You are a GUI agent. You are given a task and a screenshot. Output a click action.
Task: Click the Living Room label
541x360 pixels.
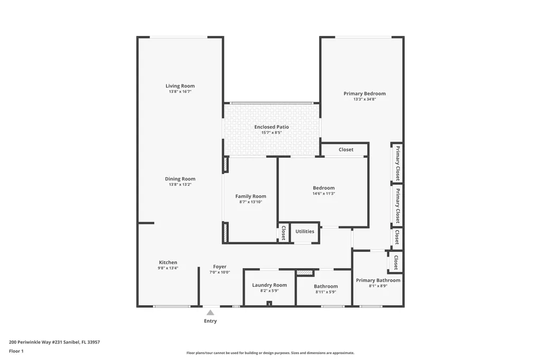(180, 86)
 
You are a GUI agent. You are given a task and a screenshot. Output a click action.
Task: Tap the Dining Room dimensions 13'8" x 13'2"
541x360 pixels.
(180, 185)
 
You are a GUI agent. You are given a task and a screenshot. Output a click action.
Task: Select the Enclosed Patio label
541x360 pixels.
(272, 127)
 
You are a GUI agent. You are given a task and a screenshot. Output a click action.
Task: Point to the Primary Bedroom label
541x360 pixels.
(365, 93)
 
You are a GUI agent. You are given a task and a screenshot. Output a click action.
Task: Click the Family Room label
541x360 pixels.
(250, 196)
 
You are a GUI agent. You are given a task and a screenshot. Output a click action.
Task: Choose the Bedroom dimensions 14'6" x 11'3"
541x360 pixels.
(323, 194)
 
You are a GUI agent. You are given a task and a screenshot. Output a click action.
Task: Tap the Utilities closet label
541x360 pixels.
(305, 231)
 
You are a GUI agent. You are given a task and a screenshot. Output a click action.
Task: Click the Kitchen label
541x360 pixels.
(168, 262)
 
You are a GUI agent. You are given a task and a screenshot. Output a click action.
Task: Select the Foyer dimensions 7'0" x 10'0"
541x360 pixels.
(220, 272)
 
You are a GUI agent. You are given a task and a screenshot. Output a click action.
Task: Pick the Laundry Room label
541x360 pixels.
(269, 285)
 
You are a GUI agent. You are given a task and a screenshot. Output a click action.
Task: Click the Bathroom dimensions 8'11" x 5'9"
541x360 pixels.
(325, 292)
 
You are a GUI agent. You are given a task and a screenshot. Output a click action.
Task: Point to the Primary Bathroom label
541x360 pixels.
(378, 280)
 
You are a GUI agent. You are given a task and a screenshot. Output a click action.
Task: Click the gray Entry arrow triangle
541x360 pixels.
(210, 312)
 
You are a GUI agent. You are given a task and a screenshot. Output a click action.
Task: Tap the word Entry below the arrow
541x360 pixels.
(210, 321)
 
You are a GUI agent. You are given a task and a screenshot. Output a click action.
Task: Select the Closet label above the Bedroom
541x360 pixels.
(346, 149)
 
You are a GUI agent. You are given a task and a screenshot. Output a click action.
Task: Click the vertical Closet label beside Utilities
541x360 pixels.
(283, 233)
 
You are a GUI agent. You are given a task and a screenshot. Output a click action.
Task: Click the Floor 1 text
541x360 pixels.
(16, 351)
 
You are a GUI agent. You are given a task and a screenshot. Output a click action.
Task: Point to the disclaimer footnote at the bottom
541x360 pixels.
(270, 353)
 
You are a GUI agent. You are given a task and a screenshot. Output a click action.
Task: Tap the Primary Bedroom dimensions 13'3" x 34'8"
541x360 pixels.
(365, 99)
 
